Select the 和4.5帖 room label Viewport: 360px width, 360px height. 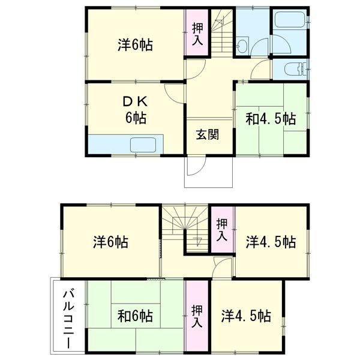coord(271,118)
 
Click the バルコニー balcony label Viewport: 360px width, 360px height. coord(68,318)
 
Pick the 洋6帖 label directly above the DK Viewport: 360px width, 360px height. coord(134,45)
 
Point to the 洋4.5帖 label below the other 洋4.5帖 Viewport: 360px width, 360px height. coord(245,315)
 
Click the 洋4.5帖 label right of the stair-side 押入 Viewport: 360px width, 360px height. coord(271,242)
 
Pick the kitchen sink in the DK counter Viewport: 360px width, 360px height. coord(144,145)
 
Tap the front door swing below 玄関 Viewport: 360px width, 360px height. coord(196,167)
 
